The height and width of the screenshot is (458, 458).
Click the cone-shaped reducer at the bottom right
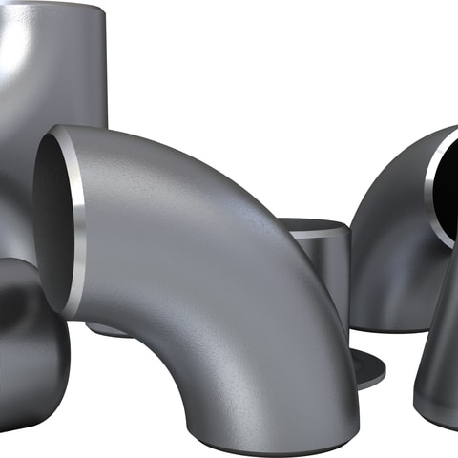(439, 343)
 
